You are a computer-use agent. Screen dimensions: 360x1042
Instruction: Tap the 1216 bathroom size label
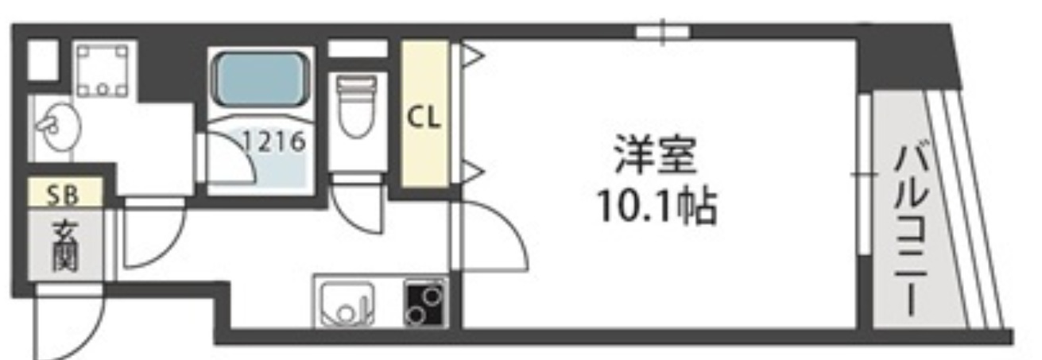point(274,143)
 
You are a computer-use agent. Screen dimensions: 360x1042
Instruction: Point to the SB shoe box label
point(65,193)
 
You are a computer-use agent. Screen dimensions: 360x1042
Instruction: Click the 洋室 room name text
point(654,157)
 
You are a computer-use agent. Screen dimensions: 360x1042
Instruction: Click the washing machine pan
point(102,71)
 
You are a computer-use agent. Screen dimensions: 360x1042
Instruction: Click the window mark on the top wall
point(662,33)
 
